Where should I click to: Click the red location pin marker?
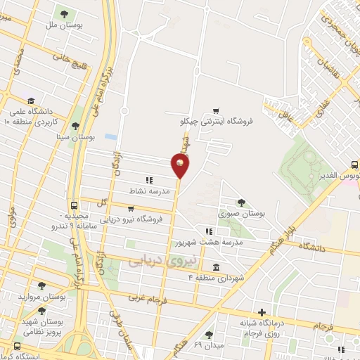181,165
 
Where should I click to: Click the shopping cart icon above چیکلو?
216,110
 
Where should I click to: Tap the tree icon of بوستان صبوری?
241,202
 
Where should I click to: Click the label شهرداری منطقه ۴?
216,278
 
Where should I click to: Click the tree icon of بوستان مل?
65,13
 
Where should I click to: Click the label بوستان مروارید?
63,297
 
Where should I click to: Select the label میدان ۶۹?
207,347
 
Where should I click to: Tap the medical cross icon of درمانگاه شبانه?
262,312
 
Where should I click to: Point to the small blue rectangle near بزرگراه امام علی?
110,136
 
